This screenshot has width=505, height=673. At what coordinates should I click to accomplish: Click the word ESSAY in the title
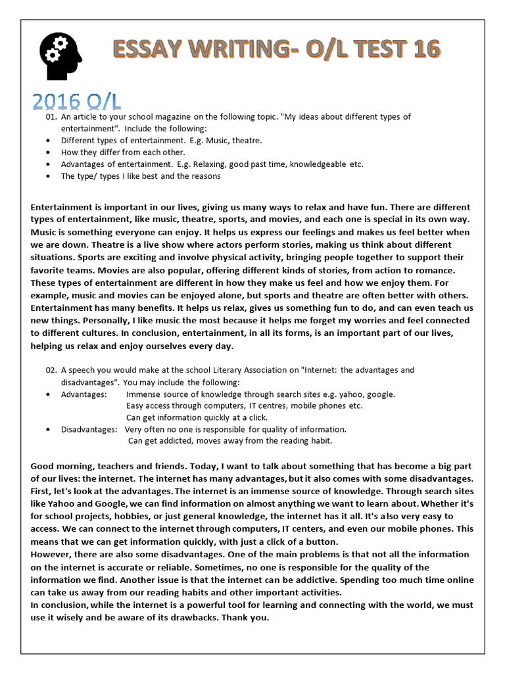click(x=147, y=50)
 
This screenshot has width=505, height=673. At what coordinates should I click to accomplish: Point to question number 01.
click(x=52, y=117)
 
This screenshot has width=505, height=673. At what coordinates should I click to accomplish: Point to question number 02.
click(x=52, y=371)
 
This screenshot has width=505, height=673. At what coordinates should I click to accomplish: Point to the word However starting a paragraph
click(x=54, y=554)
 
